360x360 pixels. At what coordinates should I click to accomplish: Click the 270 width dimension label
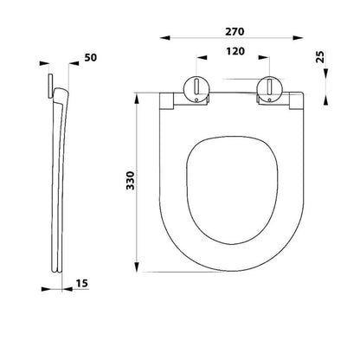click(x=235, y=32)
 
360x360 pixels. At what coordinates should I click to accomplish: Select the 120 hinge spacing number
click(x=235, y=51)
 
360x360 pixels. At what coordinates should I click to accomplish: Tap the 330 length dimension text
click(x=131, y=180)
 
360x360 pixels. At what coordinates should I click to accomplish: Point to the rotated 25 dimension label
click(x=320, y=57)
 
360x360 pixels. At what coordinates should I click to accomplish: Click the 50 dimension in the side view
click(x=91, y=58)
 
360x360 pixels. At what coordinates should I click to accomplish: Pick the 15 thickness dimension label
click(x=82, y=283)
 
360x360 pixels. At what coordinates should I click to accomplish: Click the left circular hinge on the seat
click(x=196, y=89)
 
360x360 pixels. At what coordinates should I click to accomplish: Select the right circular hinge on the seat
click(x=269, y=89)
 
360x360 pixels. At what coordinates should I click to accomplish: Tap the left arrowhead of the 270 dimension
click(x=165, y=38)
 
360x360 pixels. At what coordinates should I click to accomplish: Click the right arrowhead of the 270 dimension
click(x=299, y=38)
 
